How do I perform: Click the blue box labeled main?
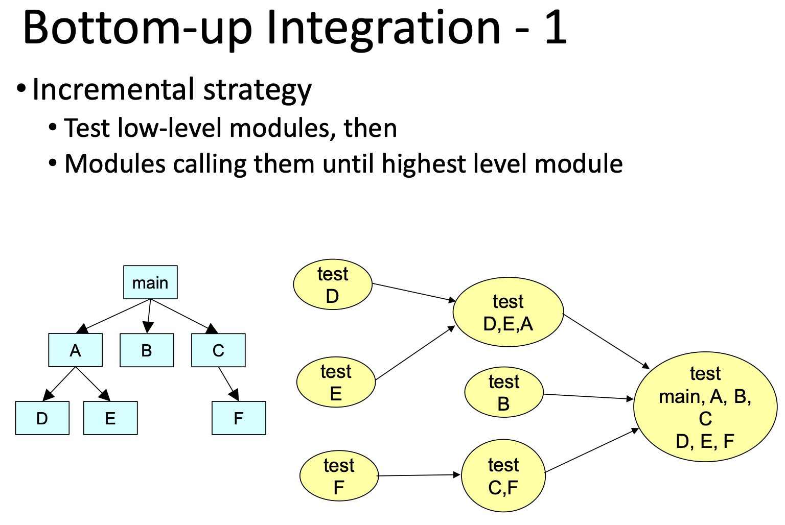[x=150, y=282]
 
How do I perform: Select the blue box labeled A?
[x=75, y=350]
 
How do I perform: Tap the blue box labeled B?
[x=147, y=350]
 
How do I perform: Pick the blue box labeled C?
[x=218, y=350]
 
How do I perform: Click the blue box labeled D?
[x=42, y=418]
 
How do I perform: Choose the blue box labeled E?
[x=110, y=418]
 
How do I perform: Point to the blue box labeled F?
[x=239, y=418]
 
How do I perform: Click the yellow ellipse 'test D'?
[x=332, y=284]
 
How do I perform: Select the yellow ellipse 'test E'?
[x=336, y=382]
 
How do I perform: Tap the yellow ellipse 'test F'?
[x=338, y=476]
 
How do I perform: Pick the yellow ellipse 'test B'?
[x=503, y=393]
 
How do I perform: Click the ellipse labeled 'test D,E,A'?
[x=508, y=313]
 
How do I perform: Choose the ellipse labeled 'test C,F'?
[x=503, y=476]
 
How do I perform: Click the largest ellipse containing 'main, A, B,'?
[x=705, y=407]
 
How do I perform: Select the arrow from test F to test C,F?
[x=419, y=475]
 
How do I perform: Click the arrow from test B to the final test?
[x=588, y=396]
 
